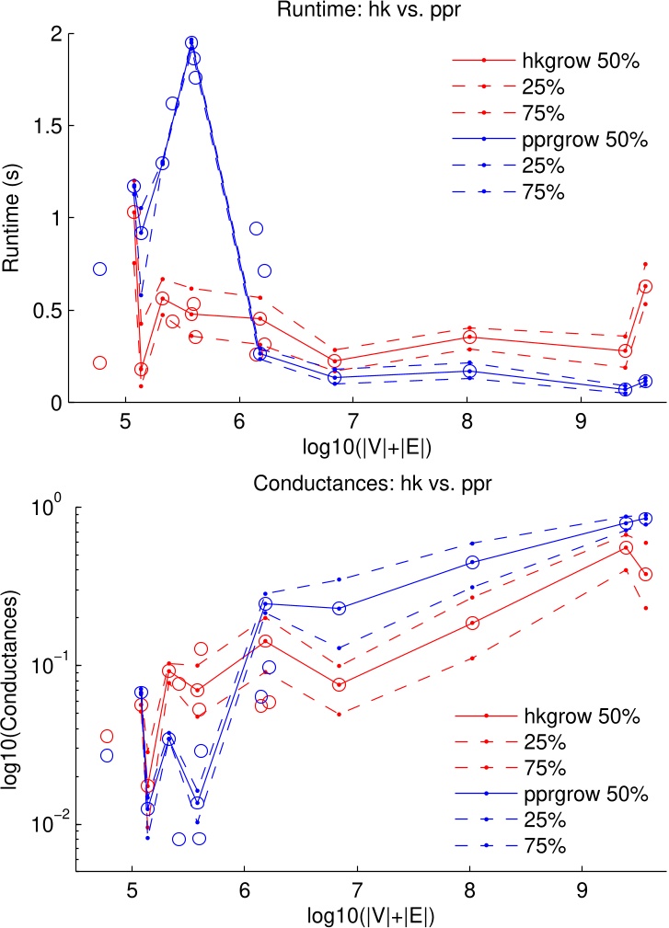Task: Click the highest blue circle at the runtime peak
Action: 191,43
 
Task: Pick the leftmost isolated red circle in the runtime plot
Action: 99,362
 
